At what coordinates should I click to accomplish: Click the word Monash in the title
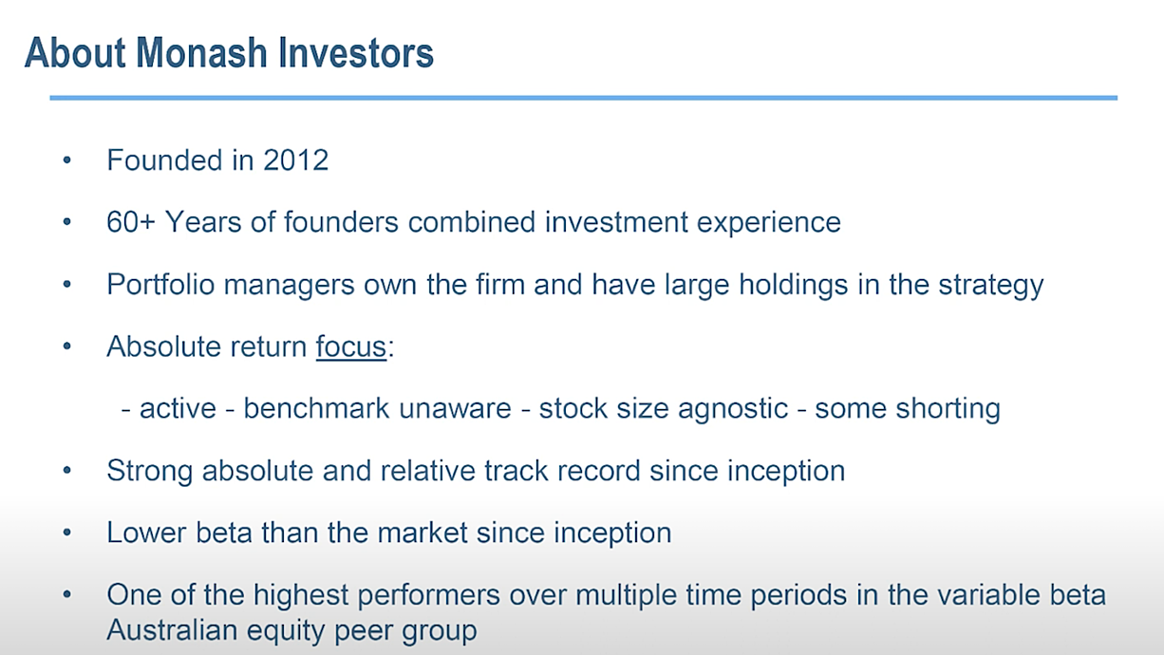(201, 52)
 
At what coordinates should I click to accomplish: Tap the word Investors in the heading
(356, 52)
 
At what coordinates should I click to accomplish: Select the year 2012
(295, 160)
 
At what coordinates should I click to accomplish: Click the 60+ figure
(131, 222)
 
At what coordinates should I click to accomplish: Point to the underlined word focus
(351, 346)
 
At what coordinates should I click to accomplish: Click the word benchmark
(326, 408)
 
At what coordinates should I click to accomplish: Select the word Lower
(146, 533)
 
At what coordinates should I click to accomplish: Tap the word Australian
(172, 630)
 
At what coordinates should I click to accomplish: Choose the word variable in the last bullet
(964, 595)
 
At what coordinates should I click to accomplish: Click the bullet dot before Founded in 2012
(67, 160)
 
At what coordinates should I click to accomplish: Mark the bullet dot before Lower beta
(67, 533)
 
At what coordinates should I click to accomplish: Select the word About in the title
(75, 52)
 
